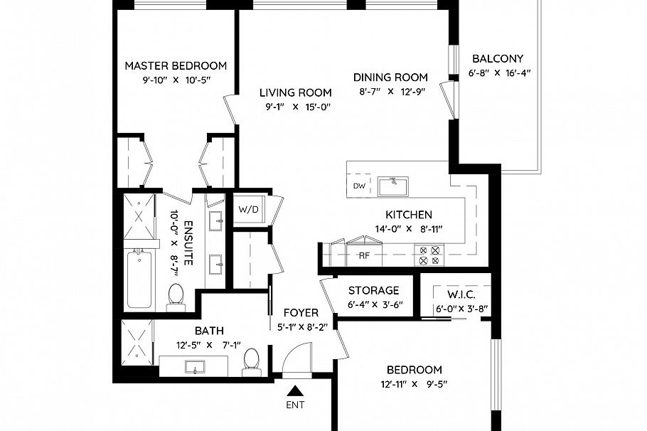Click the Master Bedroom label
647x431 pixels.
click(176, 65)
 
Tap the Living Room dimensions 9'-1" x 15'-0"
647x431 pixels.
click(295, 107)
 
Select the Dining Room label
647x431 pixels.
click(390, 78)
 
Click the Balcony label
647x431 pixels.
click(498, 59)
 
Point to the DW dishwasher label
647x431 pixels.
click(359, 187)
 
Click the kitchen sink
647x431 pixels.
click(392, 186)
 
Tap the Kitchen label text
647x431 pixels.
click(409, 214)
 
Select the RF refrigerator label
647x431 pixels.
click(364, 255)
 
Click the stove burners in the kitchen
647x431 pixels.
click(429, 255)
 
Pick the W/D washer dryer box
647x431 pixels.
click(248, 209)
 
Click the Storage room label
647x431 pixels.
click(373, 290)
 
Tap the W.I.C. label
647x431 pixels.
click(461, 294)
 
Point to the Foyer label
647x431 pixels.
click(301, 312)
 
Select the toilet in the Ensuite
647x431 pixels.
click(176, 296)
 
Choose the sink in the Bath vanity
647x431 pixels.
click(194, 367)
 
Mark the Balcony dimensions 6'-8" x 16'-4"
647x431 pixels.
click(500, 73)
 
